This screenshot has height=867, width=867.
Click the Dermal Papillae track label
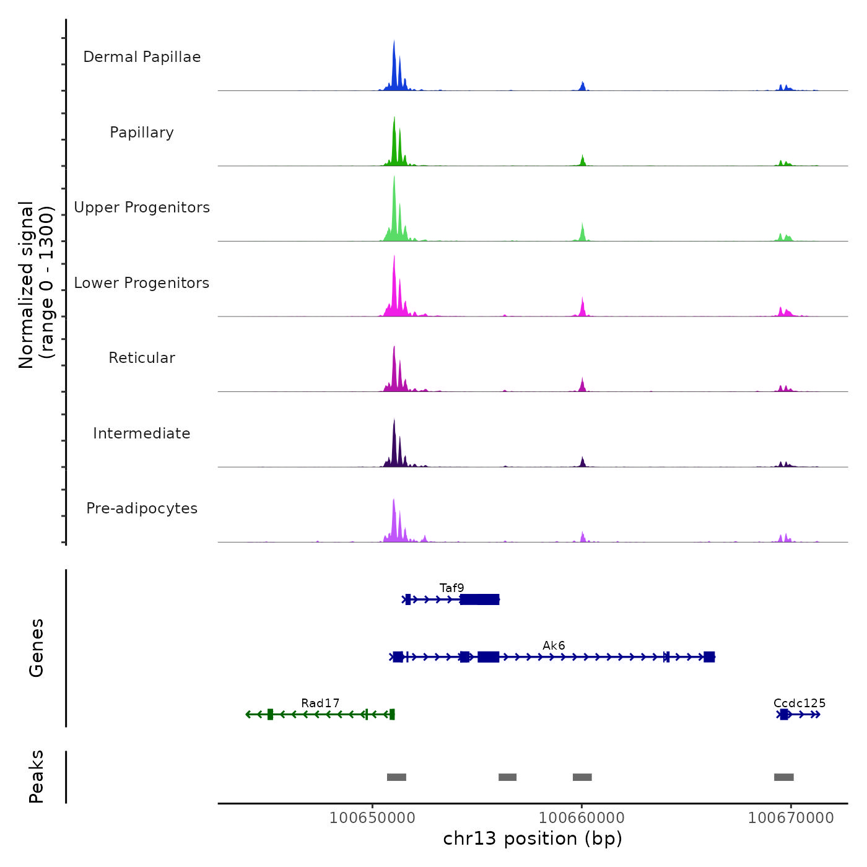[142, 57]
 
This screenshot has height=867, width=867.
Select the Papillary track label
[142, 133]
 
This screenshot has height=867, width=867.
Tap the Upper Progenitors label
[142, 207]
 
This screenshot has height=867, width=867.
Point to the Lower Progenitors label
[142, 283]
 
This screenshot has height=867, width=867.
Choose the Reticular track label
[142, 358]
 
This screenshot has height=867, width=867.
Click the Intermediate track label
[142, 434]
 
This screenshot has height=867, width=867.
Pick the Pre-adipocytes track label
[142, 508]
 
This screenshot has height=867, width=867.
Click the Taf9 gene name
[451, 588]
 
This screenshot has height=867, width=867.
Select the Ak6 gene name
[554, 645]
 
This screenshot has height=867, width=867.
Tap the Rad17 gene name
[320, 703]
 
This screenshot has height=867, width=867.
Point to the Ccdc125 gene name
[799, 703]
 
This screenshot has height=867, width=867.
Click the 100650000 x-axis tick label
[372, 817]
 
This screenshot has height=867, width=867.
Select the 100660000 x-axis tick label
[582, 817]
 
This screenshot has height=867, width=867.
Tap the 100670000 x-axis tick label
[791, 817]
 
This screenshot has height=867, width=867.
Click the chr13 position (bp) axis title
[533, 839]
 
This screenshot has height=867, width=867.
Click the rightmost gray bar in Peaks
[783, 777]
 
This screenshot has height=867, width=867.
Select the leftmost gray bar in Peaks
[396, 777]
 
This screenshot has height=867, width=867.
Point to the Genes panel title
[37, 648]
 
